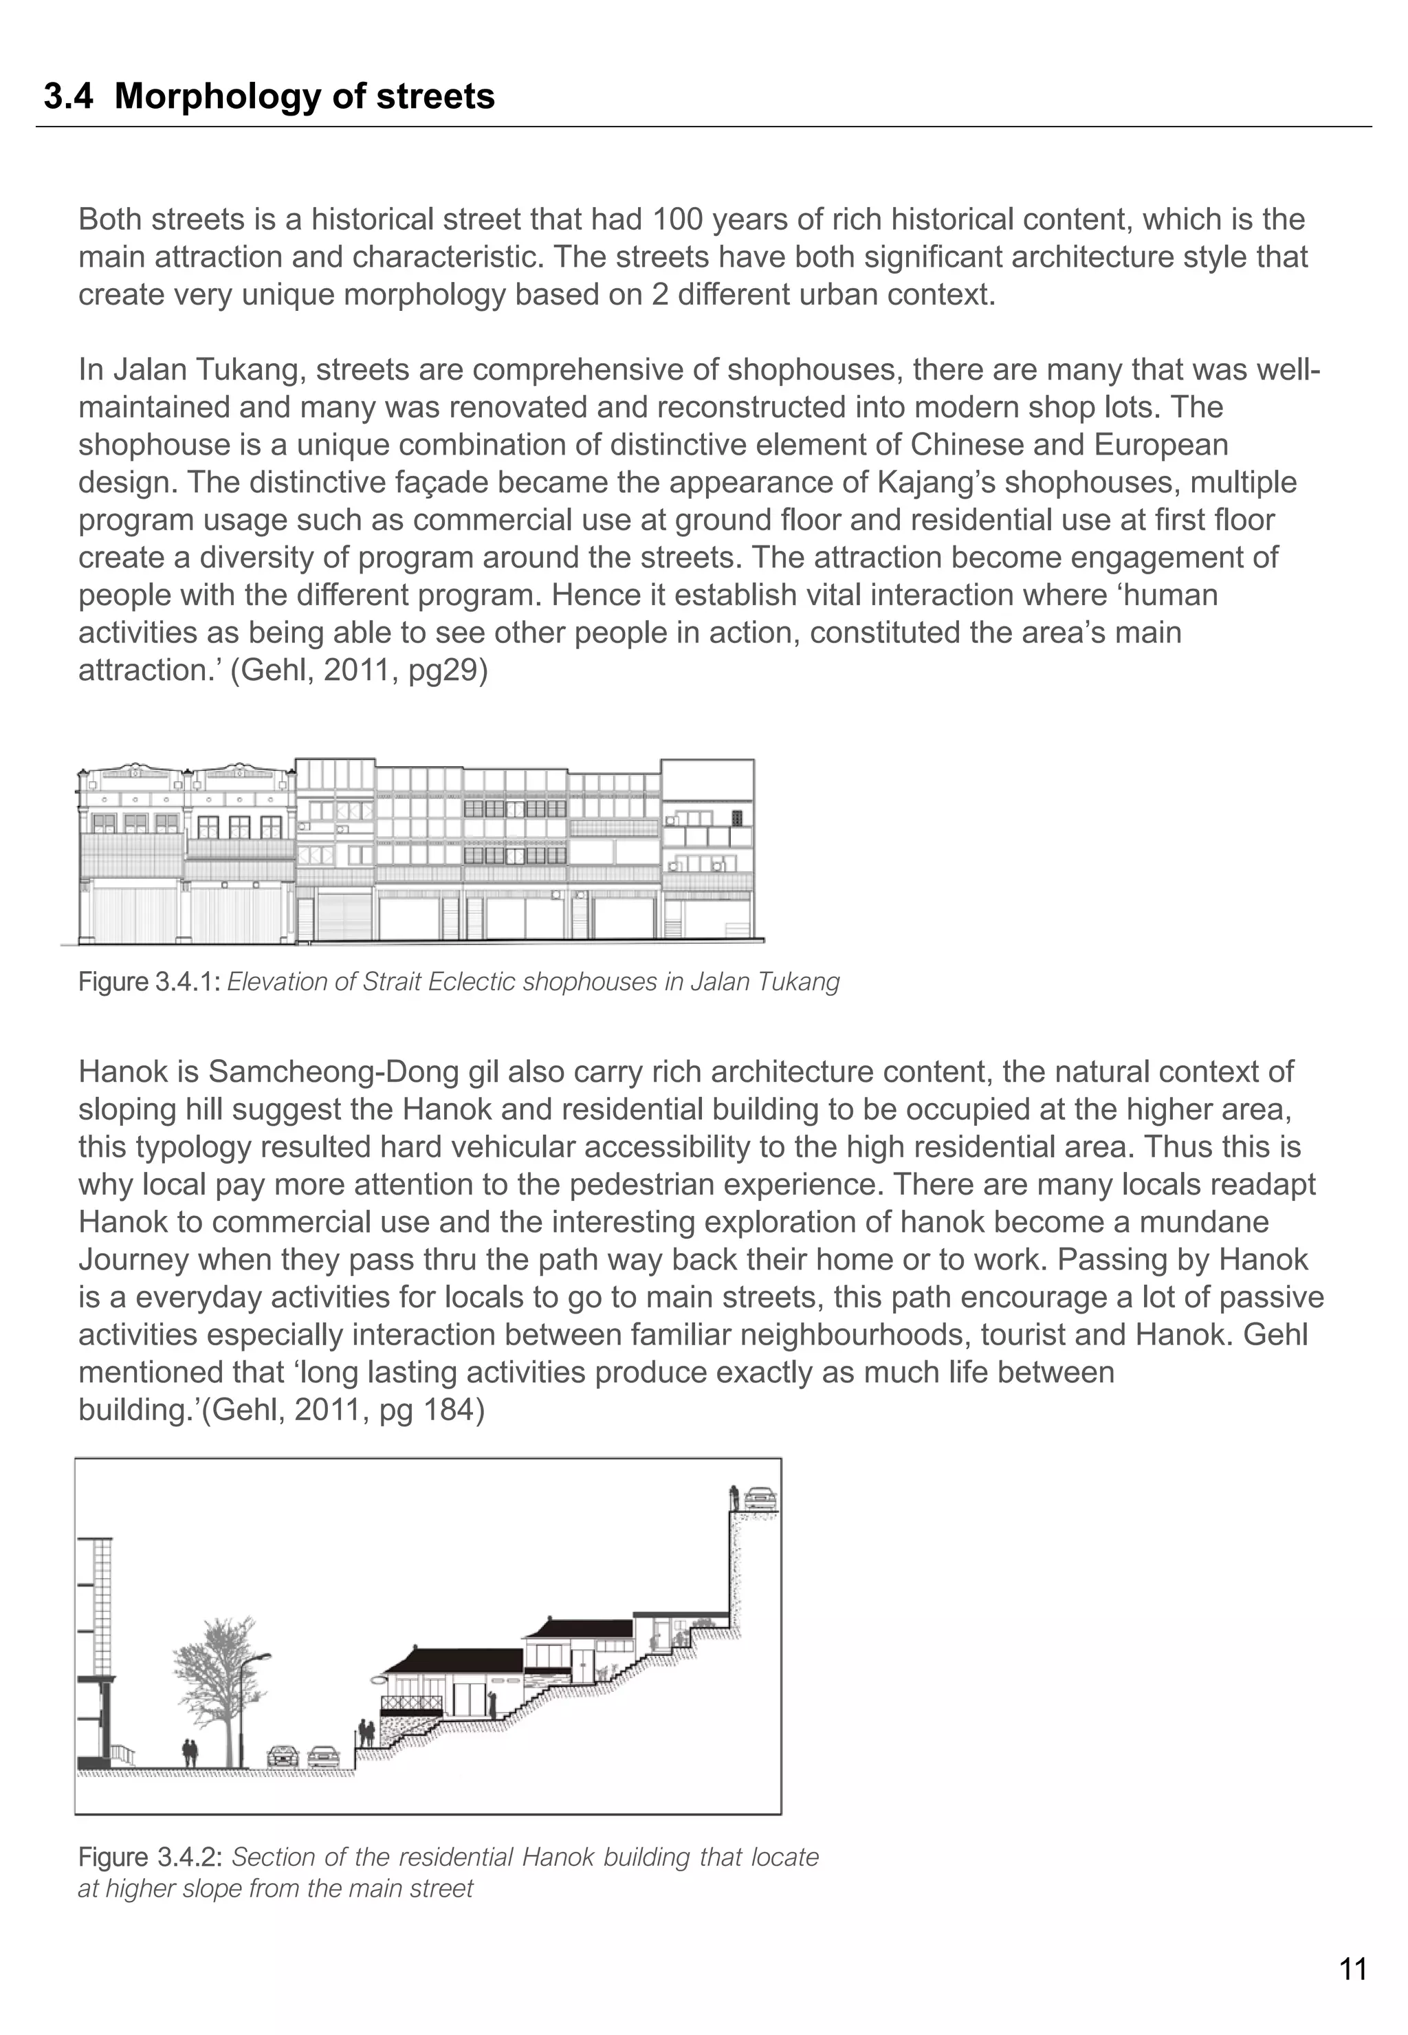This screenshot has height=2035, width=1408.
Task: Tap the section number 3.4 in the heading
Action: coord(68,96)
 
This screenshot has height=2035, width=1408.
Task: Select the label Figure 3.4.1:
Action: coord(149,981)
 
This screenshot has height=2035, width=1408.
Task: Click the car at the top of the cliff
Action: coord(760,1499)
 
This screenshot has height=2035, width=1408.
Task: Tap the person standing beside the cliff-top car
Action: coord(733,1498)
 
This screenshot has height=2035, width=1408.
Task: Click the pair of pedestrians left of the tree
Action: coord(190,1751)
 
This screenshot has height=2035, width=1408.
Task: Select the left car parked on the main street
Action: coord(283,1755)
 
